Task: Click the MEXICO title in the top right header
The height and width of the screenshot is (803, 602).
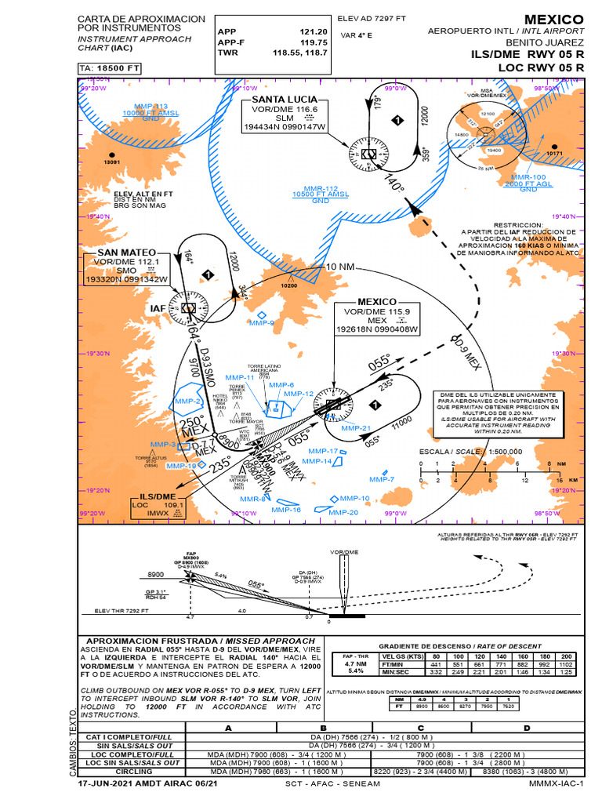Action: pos(553,19)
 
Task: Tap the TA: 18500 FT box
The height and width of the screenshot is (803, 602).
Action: pos(110,69)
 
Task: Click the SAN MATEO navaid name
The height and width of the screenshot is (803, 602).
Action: pos(126,253)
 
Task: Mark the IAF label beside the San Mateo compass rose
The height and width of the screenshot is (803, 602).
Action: pos(158,309)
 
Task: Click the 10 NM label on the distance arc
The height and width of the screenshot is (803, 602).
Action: pos(340,267)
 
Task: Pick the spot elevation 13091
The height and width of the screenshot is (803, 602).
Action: pos(114,163)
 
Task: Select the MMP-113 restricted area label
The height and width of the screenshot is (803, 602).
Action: pos(150,107)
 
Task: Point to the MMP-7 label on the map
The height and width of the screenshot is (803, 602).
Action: pos(382,478)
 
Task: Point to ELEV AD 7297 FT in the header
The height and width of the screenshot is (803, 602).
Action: pos(372,17)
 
